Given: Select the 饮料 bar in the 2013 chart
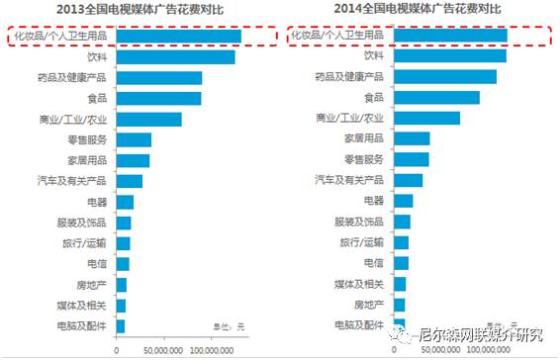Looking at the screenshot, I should pos(176,56).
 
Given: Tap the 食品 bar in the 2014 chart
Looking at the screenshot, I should pos(436,98).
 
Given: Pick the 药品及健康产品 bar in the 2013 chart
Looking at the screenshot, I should pos(159,77).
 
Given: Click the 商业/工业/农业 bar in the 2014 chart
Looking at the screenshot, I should pos(426,119).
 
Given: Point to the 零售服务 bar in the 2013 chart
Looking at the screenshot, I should pos(134,139).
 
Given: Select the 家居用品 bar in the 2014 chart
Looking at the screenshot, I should pos(412,138).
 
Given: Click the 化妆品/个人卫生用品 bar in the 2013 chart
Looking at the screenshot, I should pos(179,37).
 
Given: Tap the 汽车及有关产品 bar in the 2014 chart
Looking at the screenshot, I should pos(408,180).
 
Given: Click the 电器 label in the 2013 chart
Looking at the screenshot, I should pos(97,202).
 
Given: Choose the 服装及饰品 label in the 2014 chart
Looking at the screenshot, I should pos(358,222).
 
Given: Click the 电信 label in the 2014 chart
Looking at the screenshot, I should pos(373,263).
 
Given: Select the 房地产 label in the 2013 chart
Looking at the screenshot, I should pos(94,284).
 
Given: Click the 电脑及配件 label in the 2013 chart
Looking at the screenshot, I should pos(83,324).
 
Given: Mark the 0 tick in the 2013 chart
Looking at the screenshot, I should pos(117,349).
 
